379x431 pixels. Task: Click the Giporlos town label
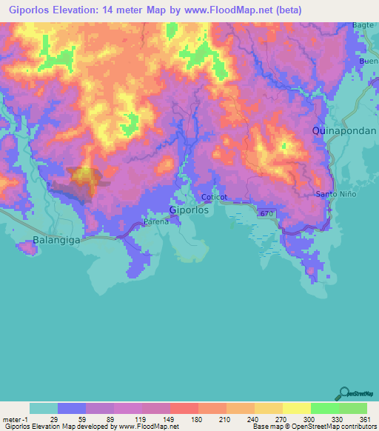(189, 210)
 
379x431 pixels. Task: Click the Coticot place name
(215, 197)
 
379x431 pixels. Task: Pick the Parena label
(156, 221)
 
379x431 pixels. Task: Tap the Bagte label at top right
(363, 25)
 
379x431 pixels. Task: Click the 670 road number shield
(268, 213)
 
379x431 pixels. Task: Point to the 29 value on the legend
(54, 418)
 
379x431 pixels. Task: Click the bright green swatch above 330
(325, 408)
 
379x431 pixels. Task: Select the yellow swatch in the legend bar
(297, 408)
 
